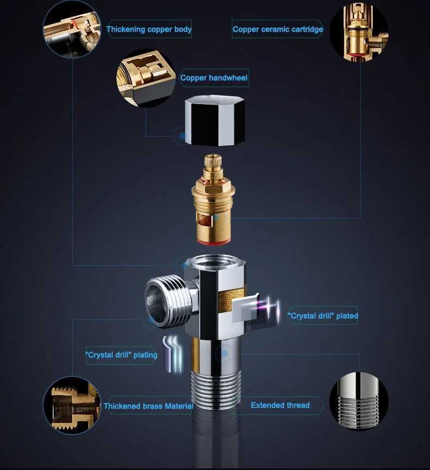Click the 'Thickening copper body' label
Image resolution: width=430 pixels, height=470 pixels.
tap(149, 29)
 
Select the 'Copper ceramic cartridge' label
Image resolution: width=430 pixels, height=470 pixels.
tap(278, 29)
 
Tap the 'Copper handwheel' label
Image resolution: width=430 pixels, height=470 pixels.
tap(214, 78)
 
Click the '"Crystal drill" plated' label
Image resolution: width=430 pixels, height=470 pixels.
tap(323, 316)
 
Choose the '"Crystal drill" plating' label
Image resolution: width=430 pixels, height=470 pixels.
tap(121, 355)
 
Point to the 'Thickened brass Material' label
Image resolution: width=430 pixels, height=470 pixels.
tap(148, 406)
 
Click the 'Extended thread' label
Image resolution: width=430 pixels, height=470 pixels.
tap(280, 405)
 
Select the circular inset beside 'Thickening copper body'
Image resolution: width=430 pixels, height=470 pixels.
tap(72, 28)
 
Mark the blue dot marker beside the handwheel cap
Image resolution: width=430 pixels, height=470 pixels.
tap(182, 136)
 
